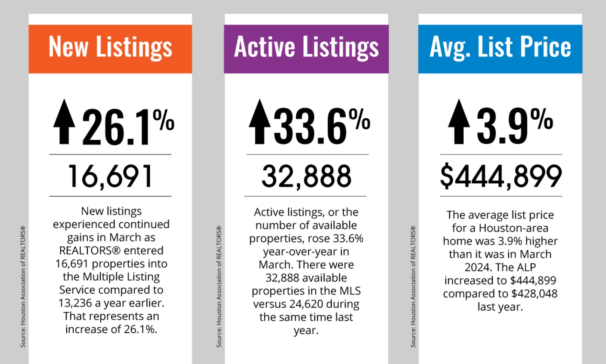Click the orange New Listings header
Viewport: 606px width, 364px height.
click(x=110, y=49)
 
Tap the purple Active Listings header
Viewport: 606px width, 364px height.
click(x=306, y=49)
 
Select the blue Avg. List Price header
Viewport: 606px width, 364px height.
click(x=500, y=49)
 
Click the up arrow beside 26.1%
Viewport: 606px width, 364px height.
click(x=64, y=122)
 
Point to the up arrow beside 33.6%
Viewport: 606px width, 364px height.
click(x=260, y=122)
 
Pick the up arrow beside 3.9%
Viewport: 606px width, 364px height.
click(x=459, y=122)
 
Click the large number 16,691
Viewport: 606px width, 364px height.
click(x=110, y=176)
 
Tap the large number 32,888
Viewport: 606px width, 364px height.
click(x=306, y=176)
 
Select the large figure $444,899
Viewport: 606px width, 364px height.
click(x=501, y=176)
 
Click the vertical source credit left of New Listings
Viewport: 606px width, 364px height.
click(x=23, y=286)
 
